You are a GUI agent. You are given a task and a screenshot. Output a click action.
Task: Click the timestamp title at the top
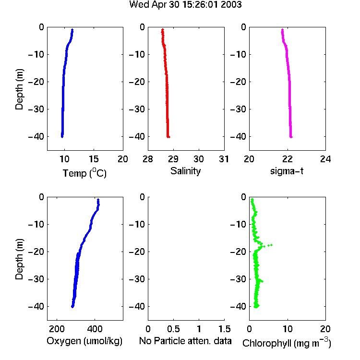185,5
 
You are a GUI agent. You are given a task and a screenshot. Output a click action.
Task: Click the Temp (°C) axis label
84,173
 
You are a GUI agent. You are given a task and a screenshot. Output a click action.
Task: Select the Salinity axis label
185,171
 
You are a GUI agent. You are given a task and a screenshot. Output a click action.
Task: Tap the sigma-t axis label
287,171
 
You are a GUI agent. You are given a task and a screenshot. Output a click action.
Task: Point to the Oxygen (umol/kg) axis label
84,341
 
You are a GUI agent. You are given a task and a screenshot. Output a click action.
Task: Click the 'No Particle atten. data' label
185,341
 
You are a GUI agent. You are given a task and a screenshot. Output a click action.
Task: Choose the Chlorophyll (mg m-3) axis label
287,343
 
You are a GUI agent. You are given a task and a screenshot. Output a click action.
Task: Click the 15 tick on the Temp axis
94,159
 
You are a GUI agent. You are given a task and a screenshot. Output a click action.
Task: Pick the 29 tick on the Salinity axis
173,159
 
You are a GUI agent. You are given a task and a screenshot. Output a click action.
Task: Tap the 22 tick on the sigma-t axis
288,159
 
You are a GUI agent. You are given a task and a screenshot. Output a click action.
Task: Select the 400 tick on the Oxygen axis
95,329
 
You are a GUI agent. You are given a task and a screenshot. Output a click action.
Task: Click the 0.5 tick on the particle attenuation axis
173,329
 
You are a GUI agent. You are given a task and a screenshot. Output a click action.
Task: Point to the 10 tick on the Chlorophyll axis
288,329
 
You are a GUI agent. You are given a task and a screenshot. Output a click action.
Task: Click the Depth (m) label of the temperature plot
19,89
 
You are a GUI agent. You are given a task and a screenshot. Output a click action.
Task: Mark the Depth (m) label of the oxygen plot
19,259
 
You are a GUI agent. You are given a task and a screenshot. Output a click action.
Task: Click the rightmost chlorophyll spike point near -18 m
271,245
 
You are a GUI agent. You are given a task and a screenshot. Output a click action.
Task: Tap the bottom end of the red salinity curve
168,137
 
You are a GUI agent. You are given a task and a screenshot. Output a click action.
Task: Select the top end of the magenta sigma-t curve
282,30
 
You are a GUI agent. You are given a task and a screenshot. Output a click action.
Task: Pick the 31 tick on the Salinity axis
224,159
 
